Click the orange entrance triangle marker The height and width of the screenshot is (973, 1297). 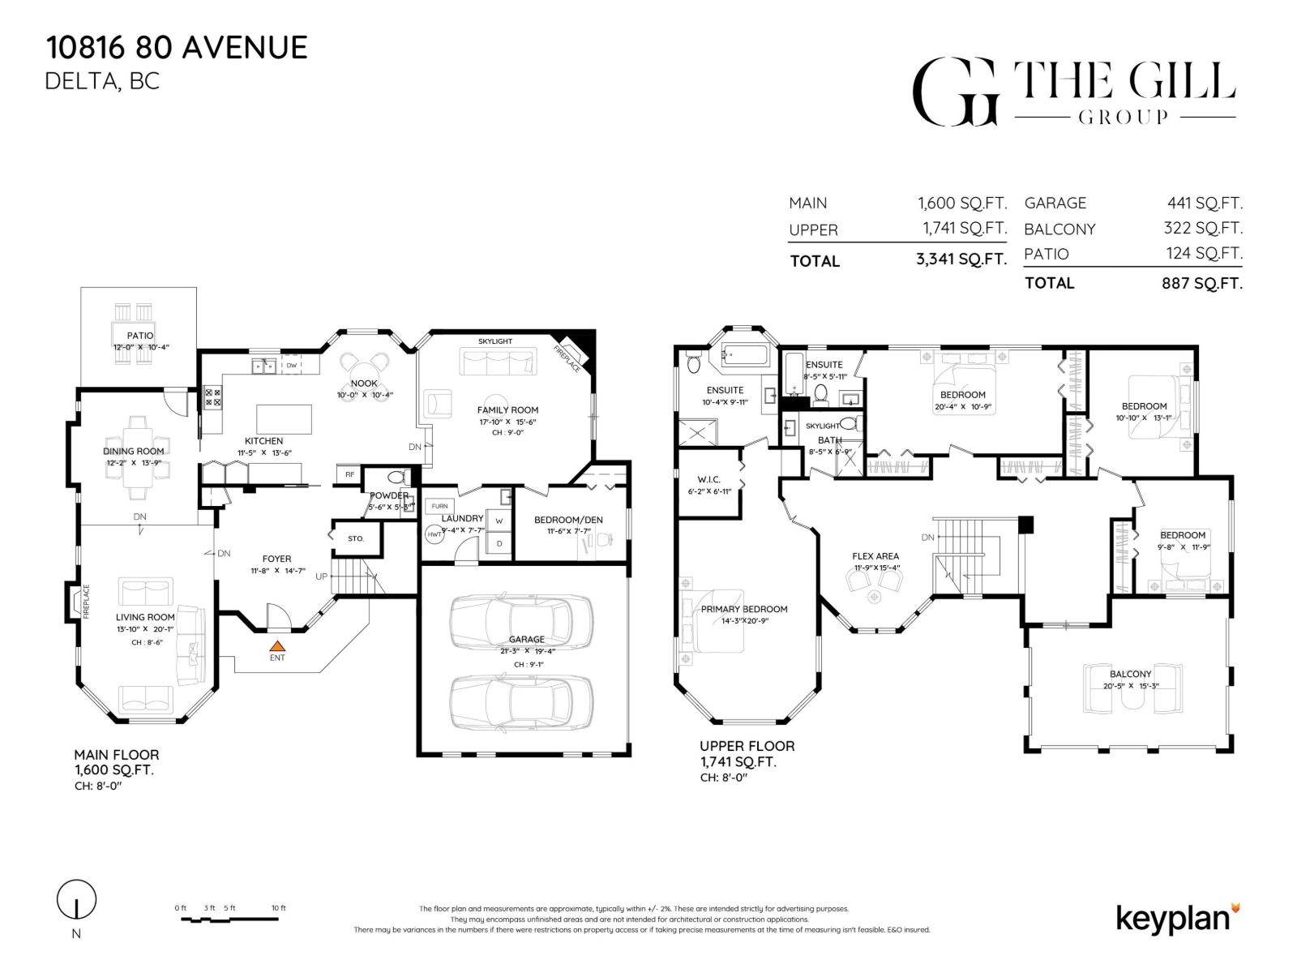tap(277, 646)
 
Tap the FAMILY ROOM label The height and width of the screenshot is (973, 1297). tap(507, 409)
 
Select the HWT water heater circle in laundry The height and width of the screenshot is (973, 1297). tap(434, 535)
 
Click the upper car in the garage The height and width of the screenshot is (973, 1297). tap(520, 620)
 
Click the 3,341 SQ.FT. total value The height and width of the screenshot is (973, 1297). tap(962, 260)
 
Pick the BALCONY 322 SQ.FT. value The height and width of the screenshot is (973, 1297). tap(1203, 229)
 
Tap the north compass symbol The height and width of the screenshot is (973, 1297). tap(76, 900)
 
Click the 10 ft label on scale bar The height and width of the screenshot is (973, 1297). tap(278, 907)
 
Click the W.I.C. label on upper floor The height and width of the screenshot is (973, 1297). tap(708, 480)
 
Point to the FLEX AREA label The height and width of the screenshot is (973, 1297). tap(875, 556)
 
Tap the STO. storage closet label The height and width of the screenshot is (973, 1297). tap(356, 538)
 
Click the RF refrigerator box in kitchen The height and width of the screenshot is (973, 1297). tap(349, 474)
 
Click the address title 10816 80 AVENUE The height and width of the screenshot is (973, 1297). tap(177, 47)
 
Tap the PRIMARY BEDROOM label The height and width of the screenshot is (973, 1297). tap(744, 609)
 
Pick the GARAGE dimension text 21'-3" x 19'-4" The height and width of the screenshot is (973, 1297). tap(527, 650)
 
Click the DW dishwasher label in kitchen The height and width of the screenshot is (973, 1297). tap(291, 366)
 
